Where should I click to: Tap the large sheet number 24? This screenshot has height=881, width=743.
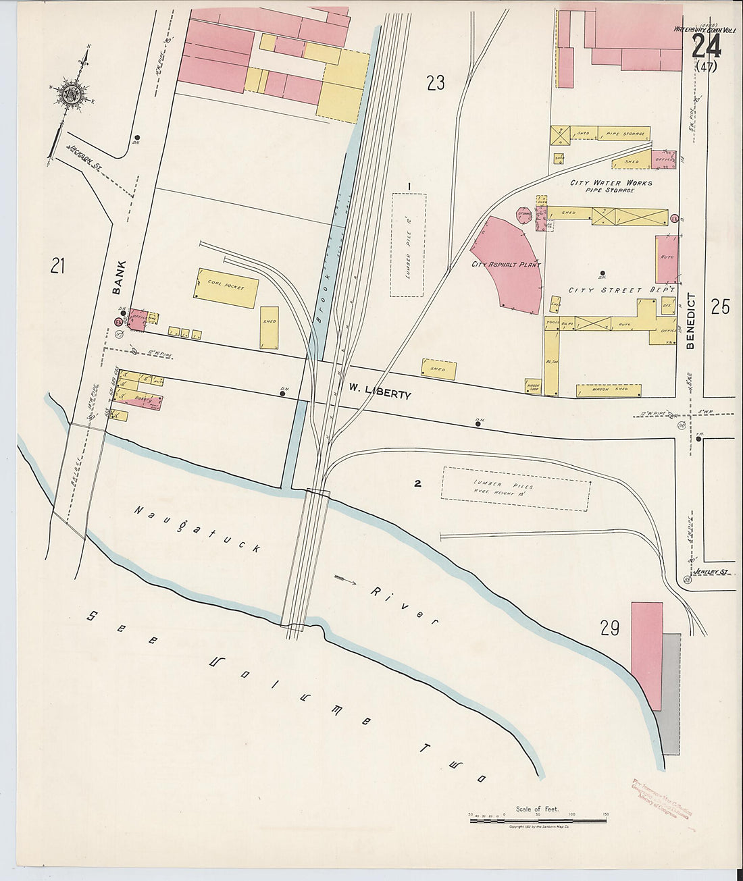coord(706,47)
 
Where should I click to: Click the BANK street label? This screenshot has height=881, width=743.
coord(119,277)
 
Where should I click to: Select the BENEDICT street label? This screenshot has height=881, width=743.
coord(690,321)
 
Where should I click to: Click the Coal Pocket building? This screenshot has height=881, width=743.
coord(227,288)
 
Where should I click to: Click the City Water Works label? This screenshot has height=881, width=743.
coord(611,183)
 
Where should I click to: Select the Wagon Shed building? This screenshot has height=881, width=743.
coord(609,390)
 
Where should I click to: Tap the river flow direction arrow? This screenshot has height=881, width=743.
coord(350,579)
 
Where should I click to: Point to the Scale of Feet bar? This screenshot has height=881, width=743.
coord(538,820)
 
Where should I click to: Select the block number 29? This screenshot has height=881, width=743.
coord(609,629)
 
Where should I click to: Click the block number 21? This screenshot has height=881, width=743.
coord(57,267)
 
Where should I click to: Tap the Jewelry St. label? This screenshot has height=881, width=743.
coord(716,572)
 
